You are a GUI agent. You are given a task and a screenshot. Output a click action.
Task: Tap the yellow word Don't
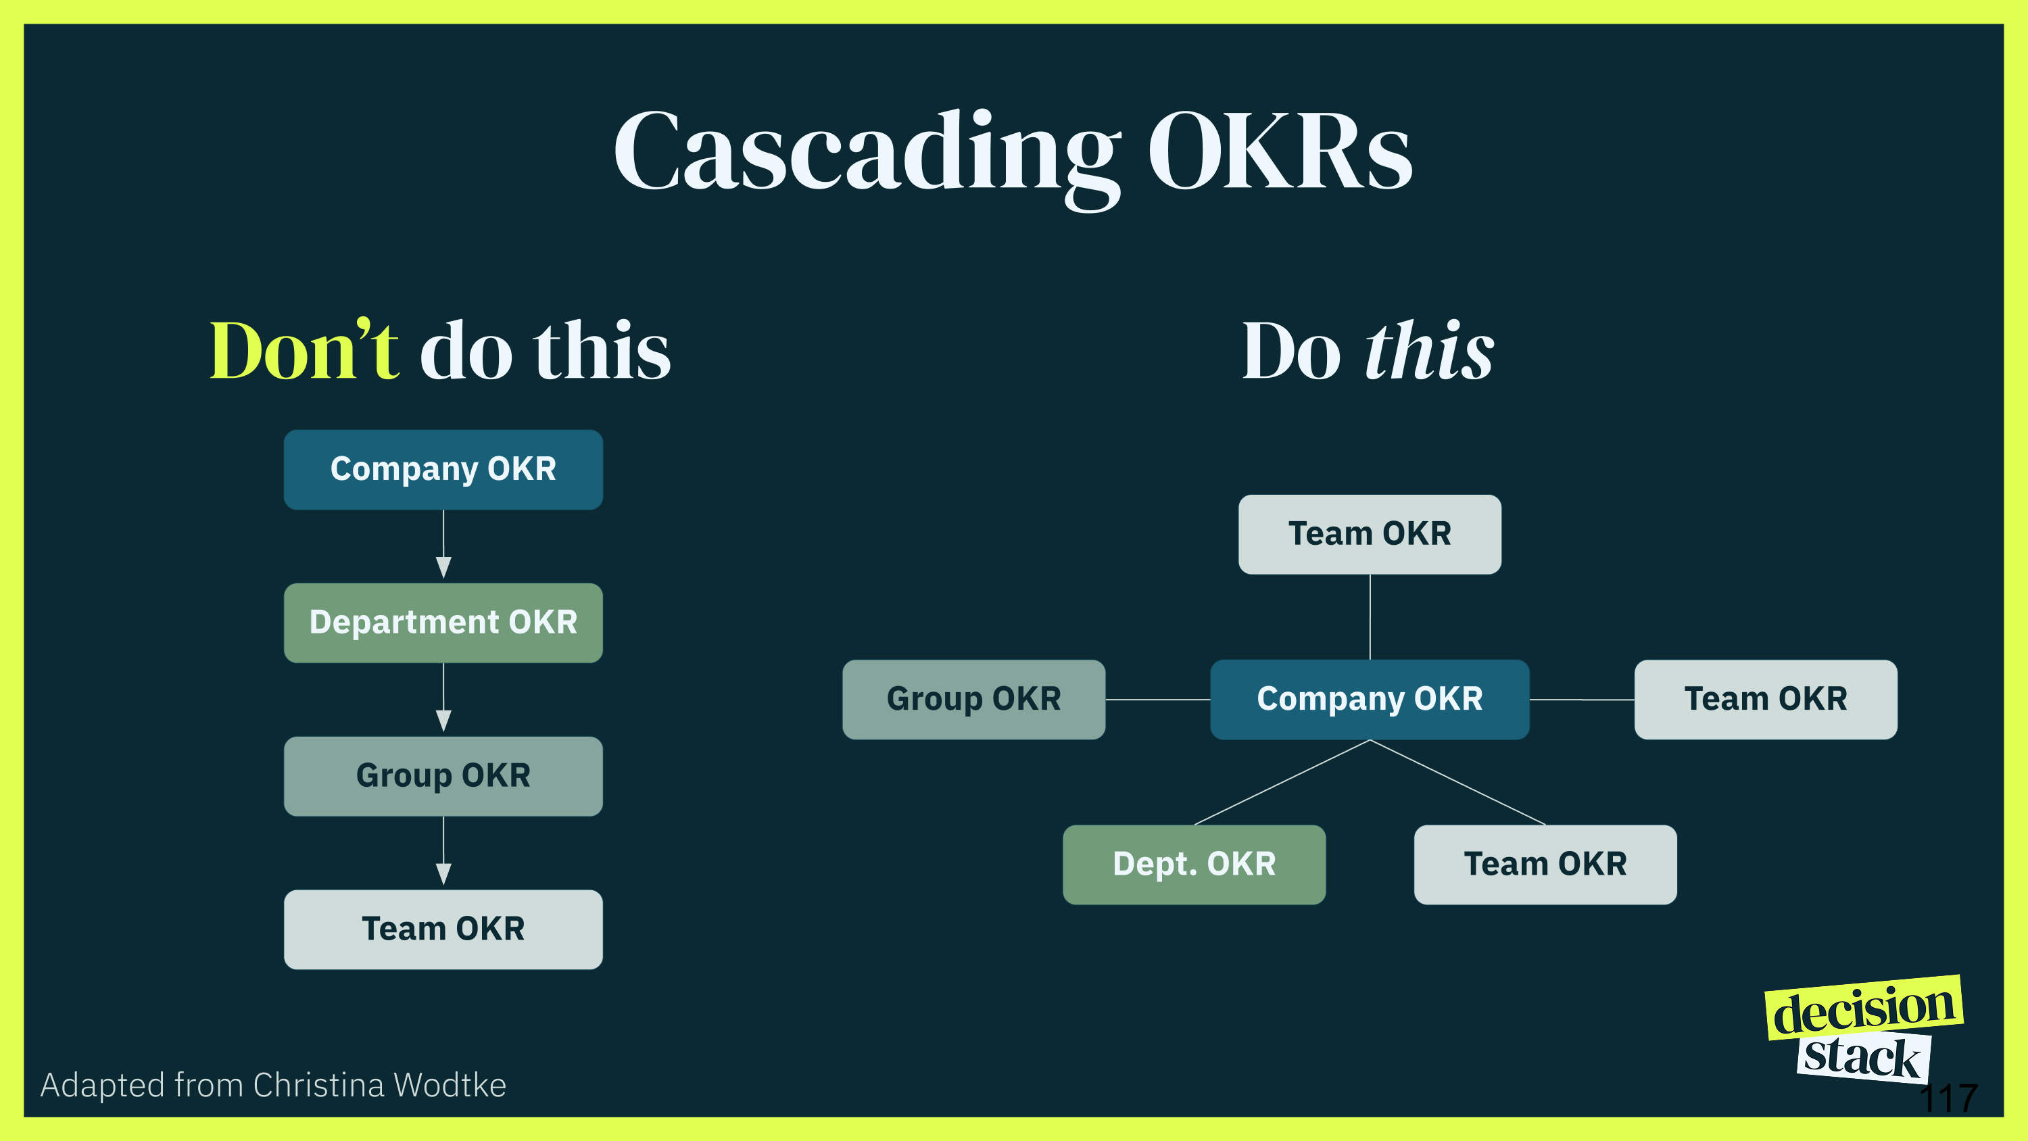pyautogui.click(x=304, y=351)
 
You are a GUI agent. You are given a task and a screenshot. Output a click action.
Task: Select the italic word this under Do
pyautogui.click(x=1429, y=351)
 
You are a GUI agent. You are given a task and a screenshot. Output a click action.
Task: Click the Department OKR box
pyautogui.click(x=443, y=623)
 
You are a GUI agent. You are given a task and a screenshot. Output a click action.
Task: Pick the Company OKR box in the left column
pyautogui.click(x=443, y=469)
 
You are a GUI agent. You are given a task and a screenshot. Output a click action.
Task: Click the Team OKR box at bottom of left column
pyautogui.click(x=443, y=929)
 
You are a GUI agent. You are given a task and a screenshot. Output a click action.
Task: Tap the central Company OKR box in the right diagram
pyautogui.click(x=1370, y=699)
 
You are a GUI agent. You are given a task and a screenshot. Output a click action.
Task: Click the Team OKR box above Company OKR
pyautogui.click(x=1370, y=534)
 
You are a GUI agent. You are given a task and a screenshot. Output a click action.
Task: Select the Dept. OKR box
pyautogui.click(x=1194, y=865)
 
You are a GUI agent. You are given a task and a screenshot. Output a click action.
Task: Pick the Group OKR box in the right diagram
pyautogui.click(x=974, y=699)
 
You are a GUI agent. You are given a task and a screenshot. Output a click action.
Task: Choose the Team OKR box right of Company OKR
pyautogui.click(x=1766, y=699)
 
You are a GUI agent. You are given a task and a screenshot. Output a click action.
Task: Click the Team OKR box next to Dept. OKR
pyautogui.click(x=1545, y=865)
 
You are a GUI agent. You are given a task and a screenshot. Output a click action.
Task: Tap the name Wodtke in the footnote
pyautogui.click(x=450, y=1085)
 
